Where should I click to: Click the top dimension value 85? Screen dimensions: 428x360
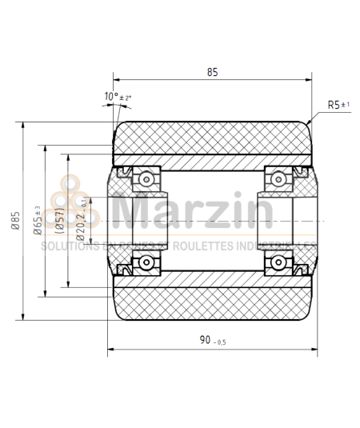(x=212, y=72)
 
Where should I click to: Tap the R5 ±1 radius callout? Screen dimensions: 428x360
(x=338, y=105)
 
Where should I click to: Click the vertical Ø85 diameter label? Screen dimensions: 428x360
(x=15, y=221)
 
